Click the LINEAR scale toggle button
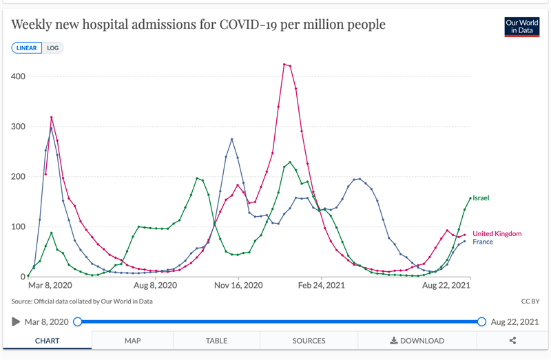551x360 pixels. coord(27,48)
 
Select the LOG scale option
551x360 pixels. coord(52,48)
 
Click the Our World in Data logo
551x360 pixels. coord(521,26)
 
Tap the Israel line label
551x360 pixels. coord(481,198)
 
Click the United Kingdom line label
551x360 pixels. coord(497,234)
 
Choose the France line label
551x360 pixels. coord(483,242)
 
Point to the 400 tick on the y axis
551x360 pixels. coord(17,76)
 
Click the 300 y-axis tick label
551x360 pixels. coord(17,127)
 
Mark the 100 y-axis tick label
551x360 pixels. coord(17,227)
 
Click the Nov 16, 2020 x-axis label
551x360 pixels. coord(238,285)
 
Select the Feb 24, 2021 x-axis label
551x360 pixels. coord(321,285)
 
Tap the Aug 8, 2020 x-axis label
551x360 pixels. coord(156,285)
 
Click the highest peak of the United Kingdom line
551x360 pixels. coord(284,65)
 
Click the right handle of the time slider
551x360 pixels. coord(481,321)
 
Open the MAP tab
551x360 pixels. coord(132,341)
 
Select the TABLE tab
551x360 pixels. coord(216,341)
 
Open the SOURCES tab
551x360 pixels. coord(309,341)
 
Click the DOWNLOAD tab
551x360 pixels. coord(417,341)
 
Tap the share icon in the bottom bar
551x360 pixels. coord(512,341)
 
